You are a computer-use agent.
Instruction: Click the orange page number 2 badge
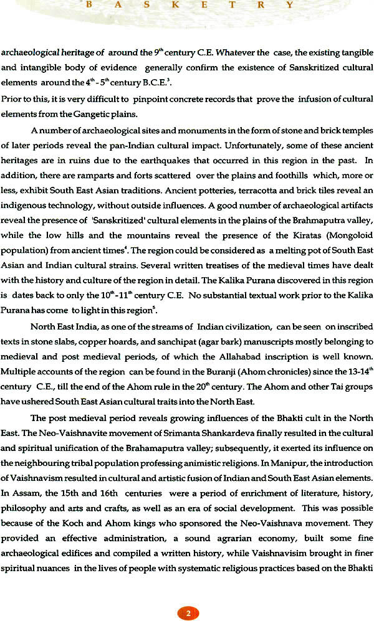pyautogui.click(x=188, y=595)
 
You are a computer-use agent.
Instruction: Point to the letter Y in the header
pyautogui.click(x=289, y=6)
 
